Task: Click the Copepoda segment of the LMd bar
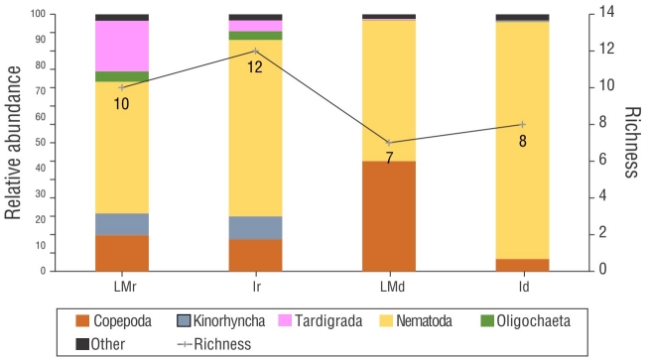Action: (389, 215)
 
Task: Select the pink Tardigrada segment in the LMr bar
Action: (122, 46)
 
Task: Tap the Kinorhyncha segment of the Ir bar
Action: (255, 228)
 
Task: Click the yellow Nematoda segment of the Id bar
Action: (522, 140)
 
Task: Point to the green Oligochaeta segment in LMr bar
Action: (122, 76)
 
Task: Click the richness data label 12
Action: (255, 67)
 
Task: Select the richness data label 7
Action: (389, 158)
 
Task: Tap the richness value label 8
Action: (522, 140)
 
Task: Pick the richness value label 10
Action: (121, 103)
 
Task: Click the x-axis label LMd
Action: (389, 286)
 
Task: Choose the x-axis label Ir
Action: (255, 286)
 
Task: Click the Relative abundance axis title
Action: (15, 142)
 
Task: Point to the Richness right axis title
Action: (630, 142)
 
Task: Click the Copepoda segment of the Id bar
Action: (522, 265)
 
